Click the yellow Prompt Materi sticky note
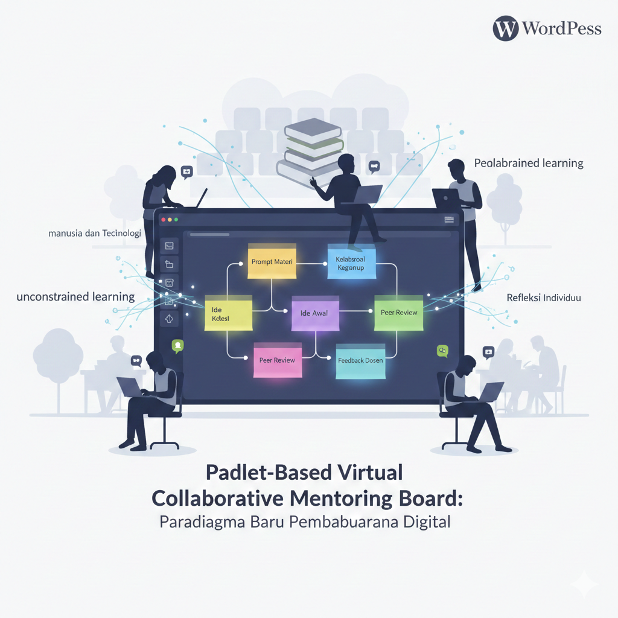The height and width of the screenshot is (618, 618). tap(272, 261)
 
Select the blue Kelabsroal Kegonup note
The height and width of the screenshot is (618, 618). tap(351, 263)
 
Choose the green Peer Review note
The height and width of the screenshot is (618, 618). tap(398, 313)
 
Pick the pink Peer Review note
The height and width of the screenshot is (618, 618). tap(277, 360)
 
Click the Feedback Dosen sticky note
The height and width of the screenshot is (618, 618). tap(360, 361)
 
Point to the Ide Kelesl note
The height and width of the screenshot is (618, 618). tap(227, 313)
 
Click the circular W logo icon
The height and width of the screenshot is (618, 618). tap(505, 28)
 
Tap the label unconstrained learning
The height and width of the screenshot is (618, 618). tap(75, 296)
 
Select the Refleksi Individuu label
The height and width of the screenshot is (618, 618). tap(544, 298)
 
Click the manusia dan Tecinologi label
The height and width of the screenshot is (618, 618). tap(95, 233)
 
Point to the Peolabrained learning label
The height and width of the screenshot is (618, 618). tap(529, 163)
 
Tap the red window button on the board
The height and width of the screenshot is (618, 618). tap(162, 220)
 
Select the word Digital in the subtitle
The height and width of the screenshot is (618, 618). tap(427, 521)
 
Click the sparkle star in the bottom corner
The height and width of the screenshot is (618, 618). tap(585, 585)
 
